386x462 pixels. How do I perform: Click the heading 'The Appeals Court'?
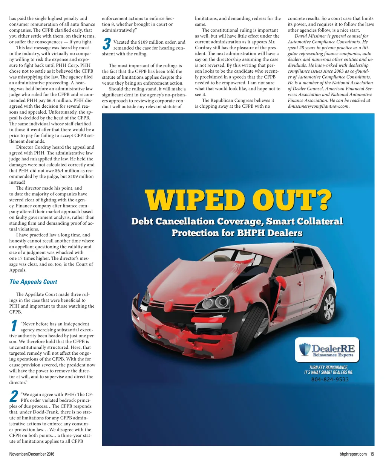(33, 282)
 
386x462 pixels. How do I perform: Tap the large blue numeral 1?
(14, 326)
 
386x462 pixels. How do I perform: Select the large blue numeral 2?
(14, 396)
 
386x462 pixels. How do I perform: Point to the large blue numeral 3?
(107, 44)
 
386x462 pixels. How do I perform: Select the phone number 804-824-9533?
(329, 380)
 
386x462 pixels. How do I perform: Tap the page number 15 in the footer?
(372, 454)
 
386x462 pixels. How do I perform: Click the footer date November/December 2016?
(32, 454)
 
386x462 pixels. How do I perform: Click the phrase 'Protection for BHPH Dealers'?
(237, 233)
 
